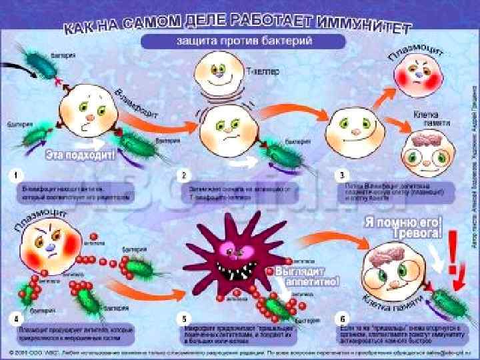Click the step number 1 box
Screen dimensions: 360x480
(15, 175)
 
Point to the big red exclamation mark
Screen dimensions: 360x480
(455, 254)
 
